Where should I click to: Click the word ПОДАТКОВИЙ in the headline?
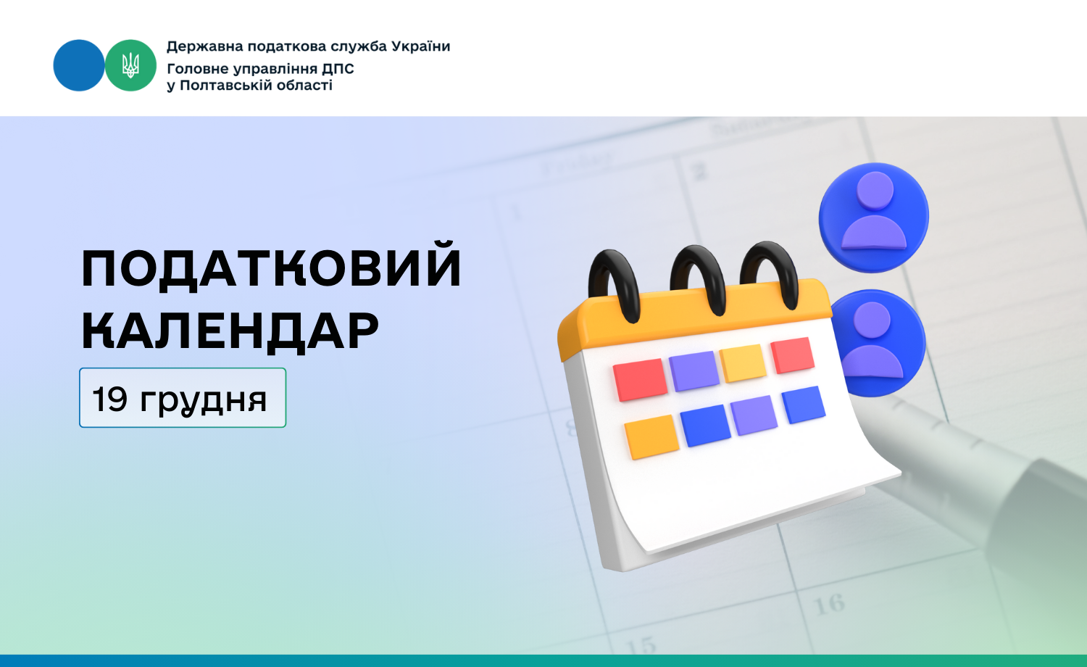point(271,266)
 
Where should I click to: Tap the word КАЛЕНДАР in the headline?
point(230,331)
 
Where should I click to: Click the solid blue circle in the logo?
point(78,65)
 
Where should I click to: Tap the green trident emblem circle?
point(130,65)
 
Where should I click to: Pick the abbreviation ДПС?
point(338,68)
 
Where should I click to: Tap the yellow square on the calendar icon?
point(743,363)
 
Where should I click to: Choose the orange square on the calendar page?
point(651,436)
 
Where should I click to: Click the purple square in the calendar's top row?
point(694,371)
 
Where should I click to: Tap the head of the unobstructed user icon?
point(875,190)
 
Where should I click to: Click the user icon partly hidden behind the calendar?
point(878,343)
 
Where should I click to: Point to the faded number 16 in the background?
point(829,605)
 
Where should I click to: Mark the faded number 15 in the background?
point(641,645)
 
